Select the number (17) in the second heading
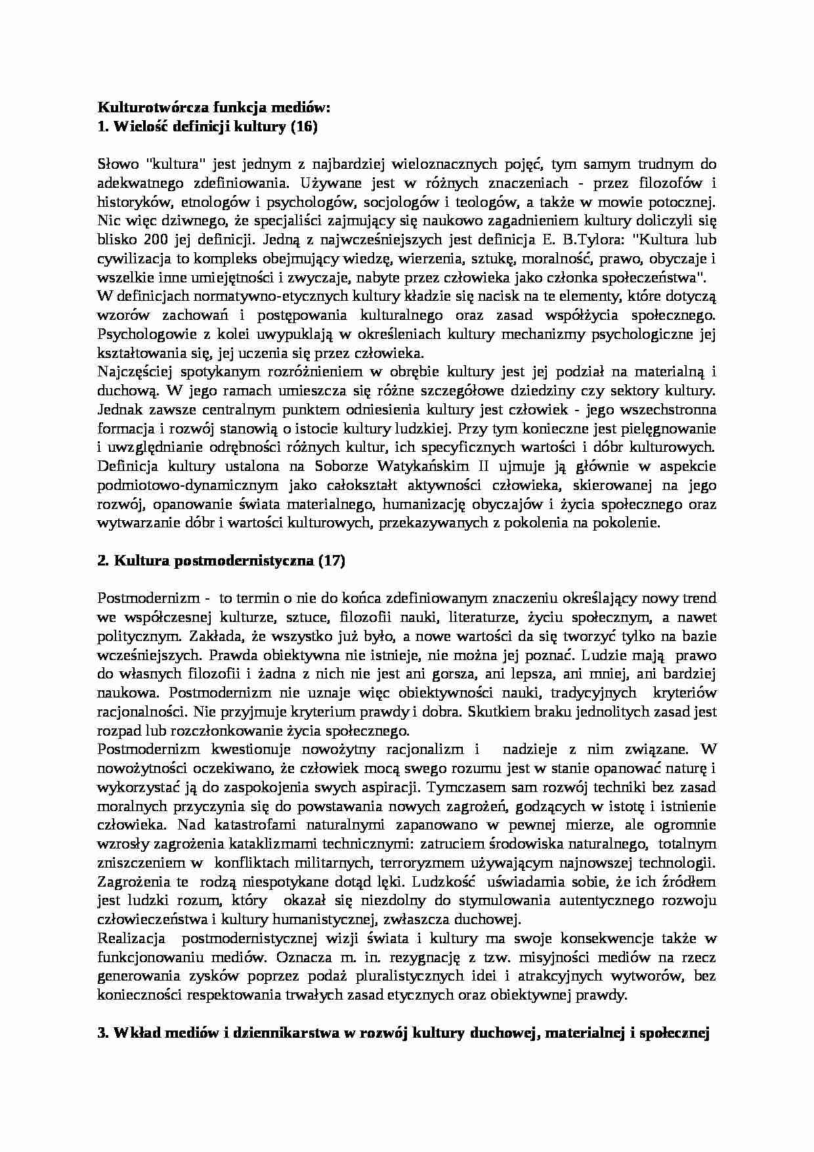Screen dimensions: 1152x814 pyautogui.click(x=330, y=560)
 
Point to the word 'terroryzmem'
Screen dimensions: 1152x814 pyautogui.click(x=495, y=862)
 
